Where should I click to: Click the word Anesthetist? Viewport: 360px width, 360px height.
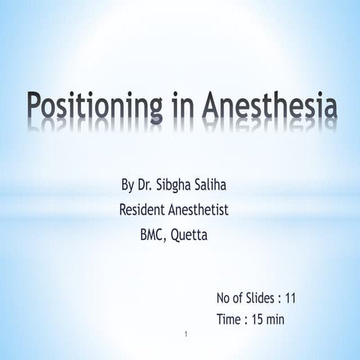coord(200,211)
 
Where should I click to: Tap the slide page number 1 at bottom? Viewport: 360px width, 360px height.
coord(184,331)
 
